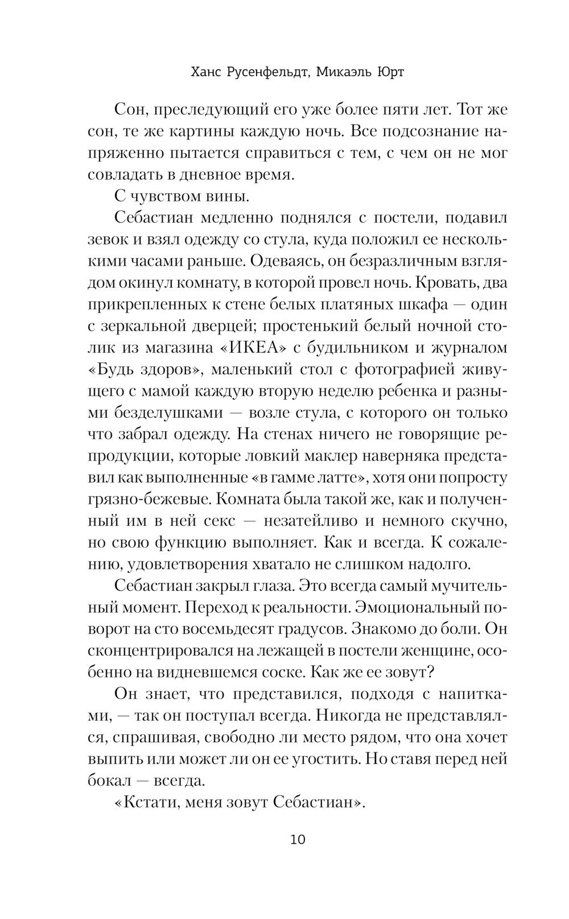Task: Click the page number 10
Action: pos(298,839)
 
